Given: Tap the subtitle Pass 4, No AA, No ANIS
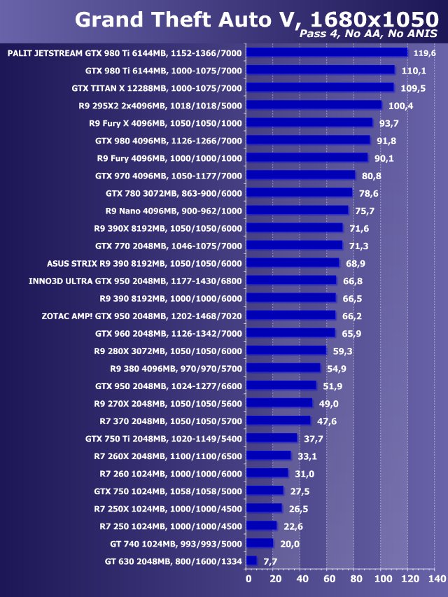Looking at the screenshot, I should coord(368,34).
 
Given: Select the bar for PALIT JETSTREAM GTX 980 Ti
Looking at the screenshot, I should coord(328,52).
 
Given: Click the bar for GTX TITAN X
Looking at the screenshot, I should coord(321,87).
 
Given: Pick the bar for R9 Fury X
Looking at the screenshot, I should coord(310,122).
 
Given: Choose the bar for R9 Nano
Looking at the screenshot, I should coord(298,210).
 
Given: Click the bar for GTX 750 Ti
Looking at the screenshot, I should coord(273,438).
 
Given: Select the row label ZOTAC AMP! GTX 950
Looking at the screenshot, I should coord(142,316).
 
